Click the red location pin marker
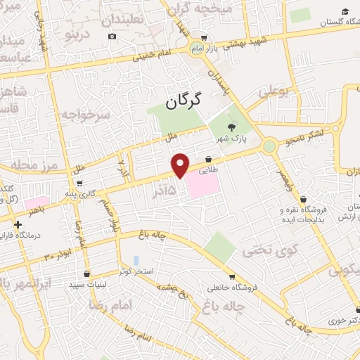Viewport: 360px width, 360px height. pyautogui.click(x=181, y=164)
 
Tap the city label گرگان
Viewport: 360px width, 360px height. pyautogui.click(x=184, y=101)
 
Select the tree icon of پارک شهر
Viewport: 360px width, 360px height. pyautogui.click(x=231, y=127)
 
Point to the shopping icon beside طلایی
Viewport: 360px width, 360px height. pyautogui.click(x=210, y=159)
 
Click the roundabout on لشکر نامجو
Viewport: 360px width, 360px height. pyautogui.click(x=269, y=146)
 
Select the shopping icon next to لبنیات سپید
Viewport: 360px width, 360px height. pyautogui.click(x=86, y=274)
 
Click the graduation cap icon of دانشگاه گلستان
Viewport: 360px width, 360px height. pyautogui.click(x=345, y=12)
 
